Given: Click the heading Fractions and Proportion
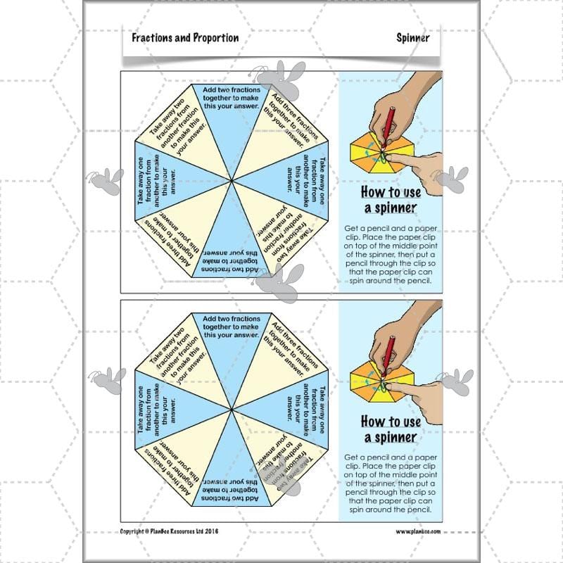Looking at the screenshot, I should click(185, 38).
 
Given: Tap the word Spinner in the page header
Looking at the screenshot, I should click(412, 38).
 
